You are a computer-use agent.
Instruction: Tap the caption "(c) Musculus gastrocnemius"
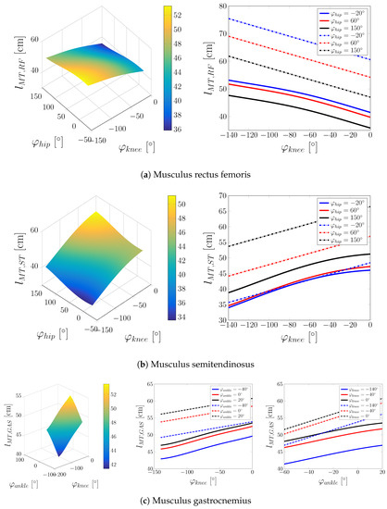point(193,500)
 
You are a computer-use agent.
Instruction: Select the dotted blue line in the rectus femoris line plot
point(296,40)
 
